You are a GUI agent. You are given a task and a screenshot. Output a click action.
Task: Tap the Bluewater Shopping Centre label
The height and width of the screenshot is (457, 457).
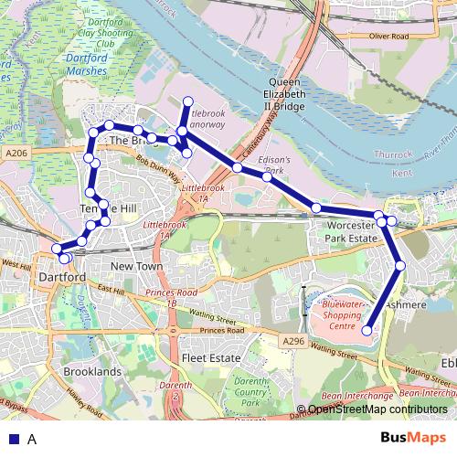coord(343,315)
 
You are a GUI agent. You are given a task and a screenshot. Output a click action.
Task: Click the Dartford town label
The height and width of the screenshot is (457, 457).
coord(63,276)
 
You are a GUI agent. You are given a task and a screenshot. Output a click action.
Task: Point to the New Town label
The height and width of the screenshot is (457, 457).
coord(135,266)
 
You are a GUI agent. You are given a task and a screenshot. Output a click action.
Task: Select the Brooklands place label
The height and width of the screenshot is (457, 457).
coord(92,373)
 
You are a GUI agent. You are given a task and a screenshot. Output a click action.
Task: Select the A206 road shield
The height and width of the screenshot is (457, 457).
coord(16,154)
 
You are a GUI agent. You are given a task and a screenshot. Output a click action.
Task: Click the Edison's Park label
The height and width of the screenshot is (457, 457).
coord(275,165)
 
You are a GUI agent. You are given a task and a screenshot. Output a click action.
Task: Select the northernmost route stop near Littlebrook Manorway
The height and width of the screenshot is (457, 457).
coord(188,101)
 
